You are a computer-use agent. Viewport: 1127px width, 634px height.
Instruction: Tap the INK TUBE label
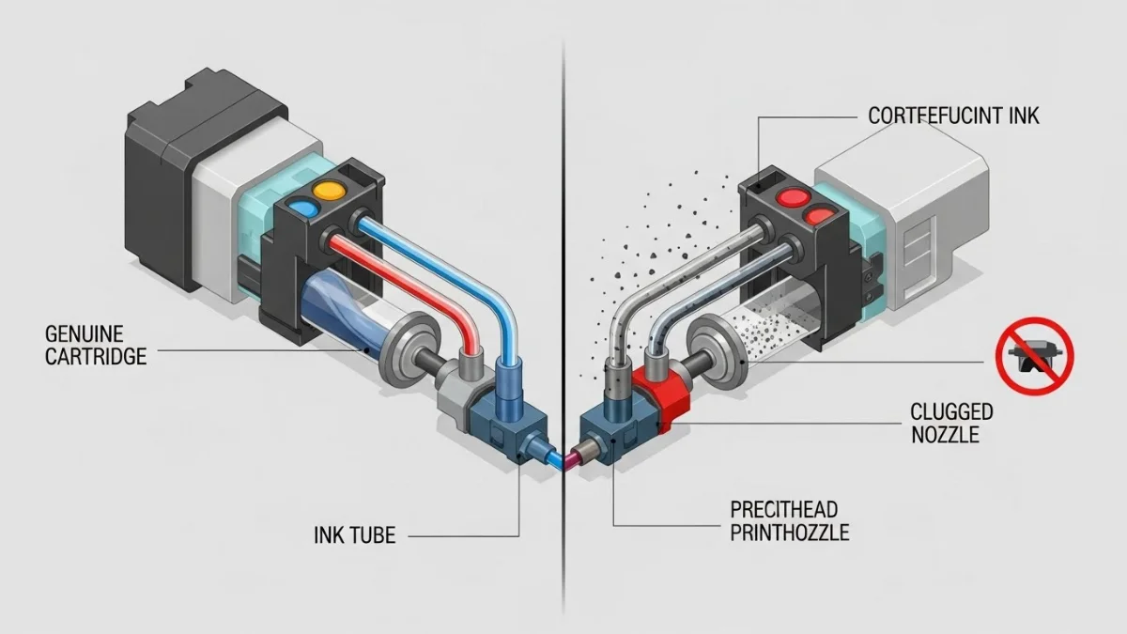[354, 535]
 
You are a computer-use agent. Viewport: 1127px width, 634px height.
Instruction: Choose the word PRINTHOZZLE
[789, 533]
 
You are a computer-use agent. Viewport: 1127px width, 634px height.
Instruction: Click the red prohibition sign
[1034, 356]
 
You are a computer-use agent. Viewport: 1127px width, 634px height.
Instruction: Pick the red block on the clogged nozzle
[664, 394]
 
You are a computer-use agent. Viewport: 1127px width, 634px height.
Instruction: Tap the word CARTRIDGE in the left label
[94, 357]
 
